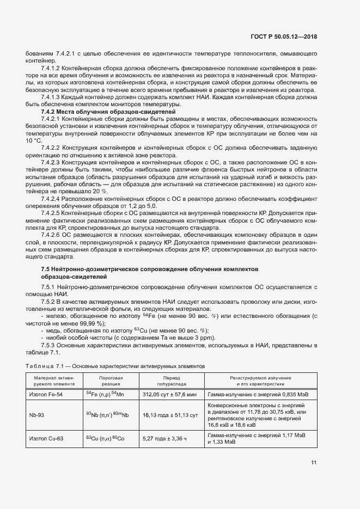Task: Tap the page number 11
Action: [x=314, y=463]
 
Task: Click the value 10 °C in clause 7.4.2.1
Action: [x=33, y=140]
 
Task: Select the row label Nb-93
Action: [x=38, y=415]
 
